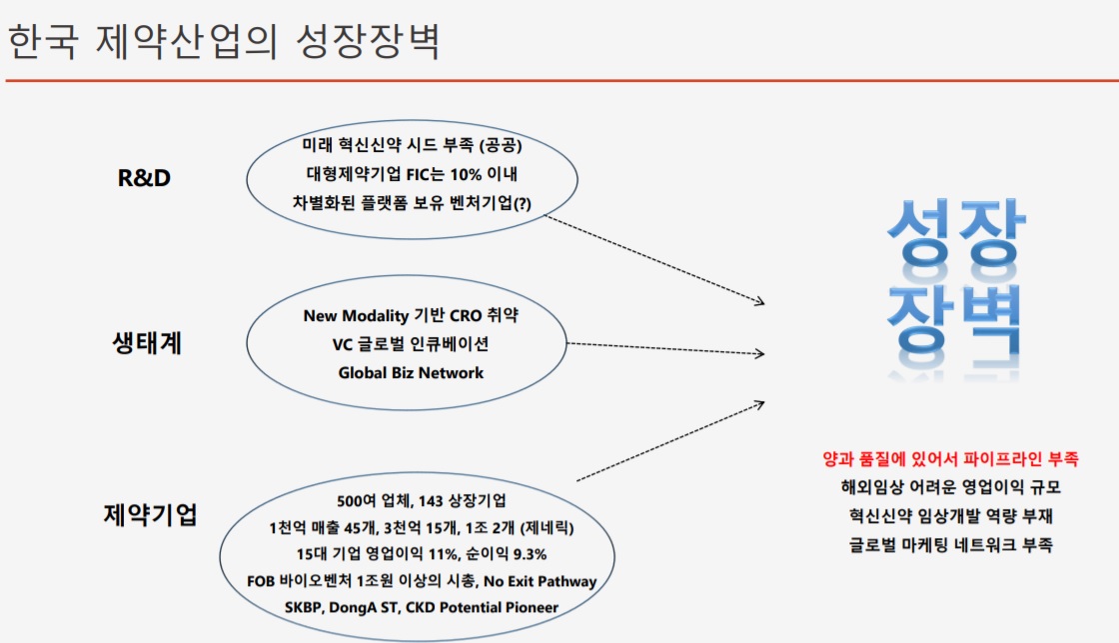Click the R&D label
point(144,178)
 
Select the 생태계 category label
point(147,343)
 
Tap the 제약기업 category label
point(151,514)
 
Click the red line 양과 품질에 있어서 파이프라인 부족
point(950,459)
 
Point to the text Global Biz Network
point(411,373)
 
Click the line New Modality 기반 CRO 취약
point(411,315)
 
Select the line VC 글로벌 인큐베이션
point(411,344)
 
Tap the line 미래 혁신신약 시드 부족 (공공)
point(412,145)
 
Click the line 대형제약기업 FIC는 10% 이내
point(412,174)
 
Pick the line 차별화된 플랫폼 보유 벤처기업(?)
point(412,203)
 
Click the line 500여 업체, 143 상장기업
point(421,501)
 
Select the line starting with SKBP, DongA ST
point(421,607)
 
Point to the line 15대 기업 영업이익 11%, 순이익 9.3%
point(421,554)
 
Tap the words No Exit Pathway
point(540,581)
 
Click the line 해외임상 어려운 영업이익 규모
point(950,487)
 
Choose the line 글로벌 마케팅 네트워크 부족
point(950,545)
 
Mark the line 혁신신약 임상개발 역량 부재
point(950,516)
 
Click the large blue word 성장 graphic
point(955,232)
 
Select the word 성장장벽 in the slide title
point(368,41)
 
